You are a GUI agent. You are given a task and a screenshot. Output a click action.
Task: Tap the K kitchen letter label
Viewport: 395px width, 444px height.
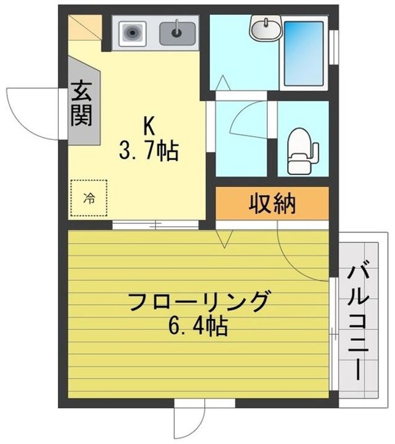[x=149, y=126]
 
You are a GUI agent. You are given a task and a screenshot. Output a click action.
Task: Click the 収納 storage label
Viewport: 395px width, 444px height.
[x=272, y=203]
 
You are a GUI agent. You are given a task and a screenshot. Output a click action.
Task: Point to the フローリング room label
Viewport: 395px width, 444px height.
[x=199, y=302]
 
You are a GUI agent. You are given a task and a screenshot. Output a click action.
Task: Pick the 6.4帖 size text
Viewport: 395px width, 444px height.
[x=199, y=326]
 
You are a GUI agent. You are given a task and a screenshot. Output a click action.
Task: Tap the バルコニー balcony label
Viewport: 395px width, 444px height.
[x=359, y=321]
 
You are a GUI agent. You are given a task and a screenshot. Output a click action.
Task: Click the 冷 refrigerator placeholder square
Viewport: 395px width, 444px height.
[x=88, y=198]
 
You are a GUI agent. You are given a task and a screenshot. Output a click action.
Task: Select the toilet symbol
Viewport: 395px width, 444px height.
[x=301, y=149]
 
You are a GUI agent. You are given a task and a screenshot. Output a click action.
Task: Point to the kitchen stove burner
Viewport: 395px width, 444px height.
[x=131, y=32]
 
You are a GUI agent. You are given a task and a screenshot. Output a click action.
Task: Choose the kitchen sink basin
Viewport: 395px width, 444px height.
[x=178, y=32]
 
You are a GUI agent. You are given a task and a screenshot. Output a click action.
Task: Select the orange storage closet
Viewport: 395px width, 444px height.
[x=272, y=203]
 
